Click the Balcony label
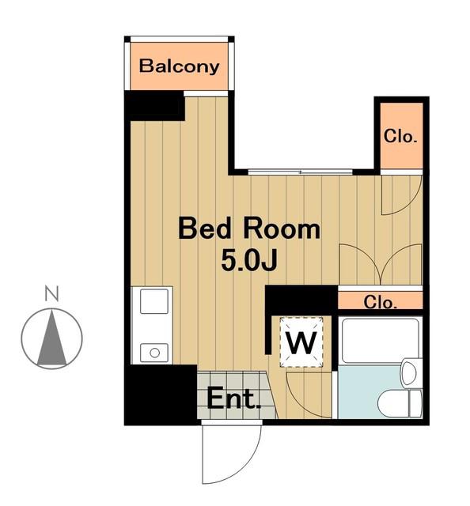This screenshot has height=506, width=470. pos(179,66)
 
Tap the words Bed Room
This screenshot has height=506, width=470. pos(249,228)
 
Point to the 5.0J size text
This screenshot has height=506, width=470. pos(249,261)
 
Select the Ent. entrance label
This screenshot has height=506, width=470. pos(233,398)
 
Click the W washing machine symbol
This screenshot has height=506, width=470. pos(301,342)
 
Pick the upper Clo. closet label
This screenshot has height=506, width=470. pos(400,136)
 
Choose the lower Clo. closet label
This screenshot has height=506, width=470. pos(380,303)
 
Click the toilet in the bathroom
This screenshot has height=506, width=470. pos(400,403)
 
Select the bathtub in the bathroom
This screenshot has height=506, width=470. pos(380,341)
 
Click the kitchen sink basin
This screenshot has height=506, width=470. pos(154,301)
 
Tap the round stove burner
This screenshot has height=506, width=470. pos(155,353)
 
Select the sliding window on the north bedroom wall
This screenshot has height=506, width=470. pos(300,172)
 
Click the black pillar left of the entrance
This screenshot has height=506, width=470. pos(161,395)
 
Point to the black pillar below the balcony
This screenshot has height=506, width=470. pos(155,105)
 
